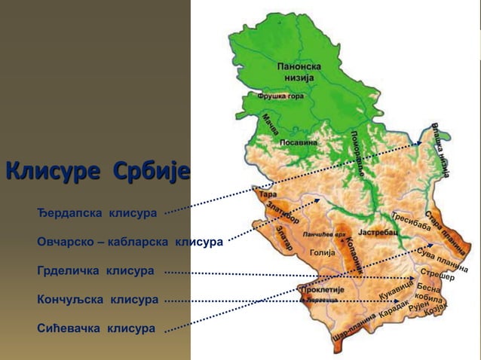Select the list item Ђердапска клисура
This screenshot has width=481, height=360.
point(97,213)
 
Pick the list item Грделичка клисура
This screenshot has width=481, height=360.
point(96,270)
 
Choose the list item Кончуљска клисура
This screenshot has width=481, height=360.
point(98,300)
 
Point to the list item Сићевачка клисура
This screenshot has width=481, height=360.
point(97,328)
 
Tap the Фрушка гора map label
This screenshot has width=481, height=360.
point(280,96)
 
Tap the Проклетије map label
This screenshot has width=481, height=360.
point(323,289)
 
